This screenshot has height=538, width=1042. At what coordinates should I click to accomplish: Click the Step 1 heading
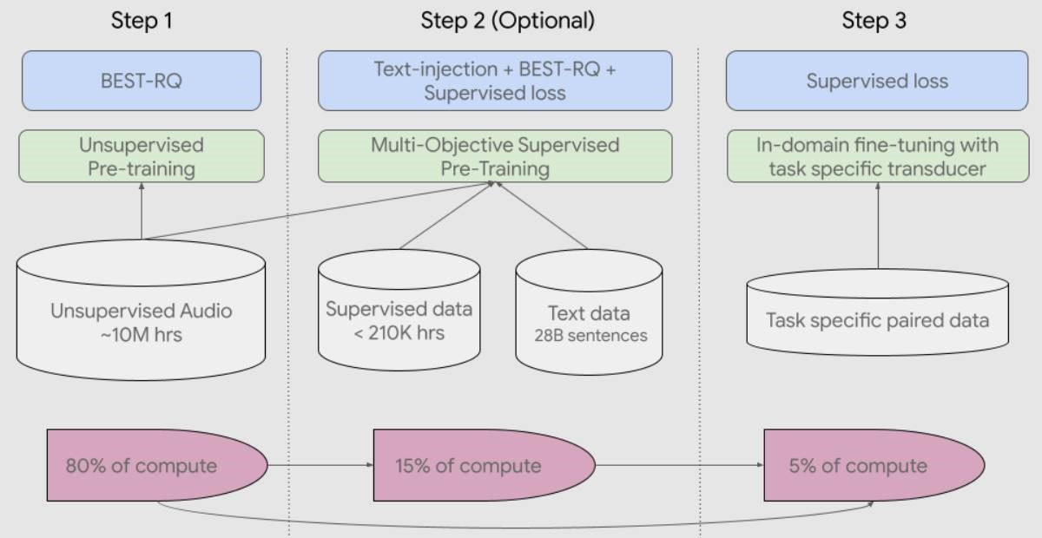pos(142,21)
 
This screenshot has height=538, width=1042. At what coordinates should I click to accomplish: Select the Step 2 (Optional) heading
pos(508,21)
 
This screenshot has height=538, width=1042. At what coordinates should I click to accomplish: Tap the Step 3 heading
pos(874,21)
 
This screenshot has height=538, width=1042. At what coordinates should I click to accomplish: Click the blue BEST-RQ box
pos(141,81)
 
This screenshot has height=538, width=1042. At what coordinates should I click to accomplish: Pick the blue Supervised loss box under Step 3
pos(877,81)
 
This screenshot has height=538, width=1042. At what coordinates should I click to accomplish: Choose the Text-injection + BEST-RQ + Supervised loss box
pos(495,81)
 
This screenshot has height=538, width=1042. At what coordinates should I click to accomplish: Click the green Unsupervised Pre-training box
pos(141,156)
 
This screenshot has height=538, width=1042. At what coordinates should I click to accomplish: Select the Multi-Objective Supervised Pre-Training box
pos(495,156)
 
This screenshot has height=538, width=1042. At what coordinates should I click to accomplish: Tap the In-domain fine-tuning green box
pos(877,156)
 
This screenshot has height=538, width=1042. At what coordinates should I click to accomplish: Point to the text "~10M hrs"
pos(141,333)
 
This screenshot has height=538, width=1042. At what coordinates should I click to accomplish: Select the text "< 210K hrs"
pos(399,331)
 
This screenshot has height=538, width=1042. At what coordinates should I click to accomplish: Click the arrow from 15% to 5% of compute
pos(677,465)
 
